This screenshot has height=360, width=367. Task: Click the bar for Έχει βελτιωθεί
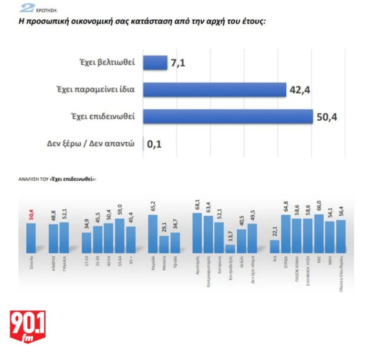coord(155,62)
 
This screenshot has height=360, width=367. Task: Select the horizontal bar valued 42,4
coord(214,89)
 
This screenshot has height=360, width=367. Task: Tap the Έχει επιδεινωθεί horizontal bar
coord(228,116)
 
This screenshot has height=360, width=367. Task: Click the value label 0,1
coord(153,143)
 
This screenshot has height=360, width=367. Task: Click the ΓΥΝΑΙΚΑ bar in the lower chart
coord(65,237)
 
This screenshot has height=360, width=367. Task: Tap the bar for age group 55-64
coord(120,236)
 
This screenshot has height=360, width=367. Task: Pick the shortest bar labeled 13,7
coord(230,248)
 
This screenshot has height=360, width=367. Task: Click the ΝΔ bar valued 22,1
coord(274,246)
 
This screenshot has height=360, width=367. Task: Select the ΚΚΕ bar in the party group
coord(319,234)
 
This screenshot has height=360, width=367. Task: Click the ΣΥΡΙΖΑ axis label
coord(287,264)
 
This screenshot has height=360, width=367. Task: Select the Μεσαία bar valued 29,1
coord(164,244)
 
